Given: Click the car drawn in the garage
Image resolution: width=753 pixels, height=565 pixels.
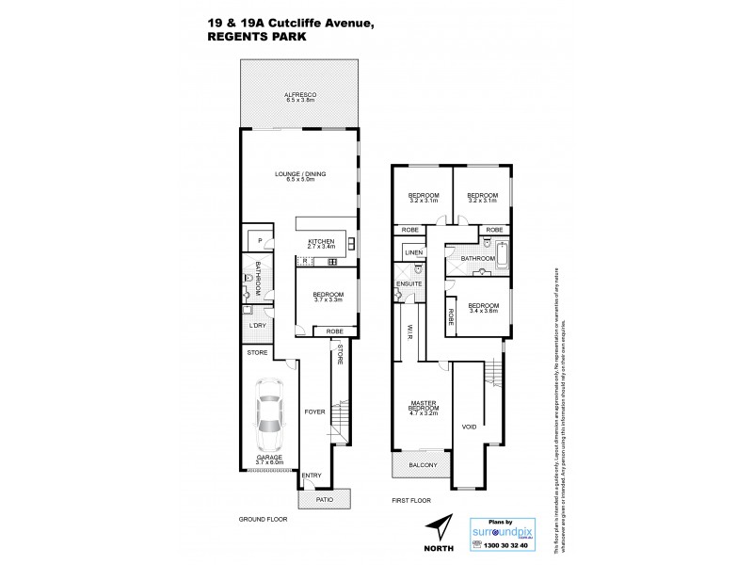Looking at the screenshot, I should click(268, 418).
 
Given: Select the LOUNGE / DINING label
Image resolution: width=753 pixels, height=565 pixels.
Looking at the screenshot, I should click(299, 175).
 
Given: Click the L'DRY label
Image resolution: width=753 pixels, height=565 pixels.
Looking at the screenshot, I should click(257, 326).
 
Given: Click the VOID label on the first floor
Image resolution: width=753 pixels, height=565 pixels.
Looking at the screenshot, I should click(470, 426).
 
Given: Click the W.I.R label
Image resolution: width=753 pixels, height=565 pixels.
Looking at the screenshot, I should click(411, 331).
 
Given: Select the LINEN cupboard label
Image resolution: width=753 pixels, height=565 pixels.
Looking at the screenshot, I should click(412, 252).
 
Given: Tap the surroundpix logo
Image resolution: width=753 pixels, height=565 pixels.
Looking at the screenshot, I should click(511, 530).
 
